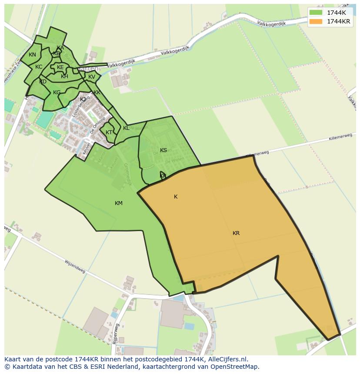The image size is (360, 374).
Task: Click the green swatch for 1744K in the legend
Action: pyautogui.click(x=316, y=13)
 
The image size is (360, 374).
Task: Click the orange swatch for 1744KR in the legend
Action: pyautogui.click(x=316, y=21)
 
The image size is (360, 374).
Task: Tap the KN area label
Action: pyautogui.click(x=32, y=55)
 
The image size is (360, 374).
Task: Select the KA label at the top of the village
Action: pyautogui.click(x=60, y=48)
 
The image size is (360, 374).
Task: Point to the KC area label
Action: pyautogui.click(x=39, y=67)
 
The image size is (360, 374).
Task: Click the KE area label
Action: pyautogui.click(x=60, y=67)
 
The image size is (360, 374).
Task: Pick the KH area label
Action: pyautogui.click(x=64, y=76)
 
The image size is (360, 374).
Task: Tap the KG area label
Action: pyautogui.click(x=57, y=93)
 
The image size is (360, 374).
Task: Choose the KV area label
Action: pyautogui.click(x=92, y=77)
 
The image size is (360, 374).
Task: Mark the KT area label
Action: pyautogui.click(x=109, y=132)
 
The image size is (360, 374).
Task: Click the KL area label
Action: pyautogui.click(x=126, y=128)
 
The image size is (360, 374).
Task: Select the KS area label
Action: pyautogui.click(x=163, y=150)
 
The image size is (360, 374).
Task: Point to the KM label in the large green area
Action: pyautogui.click(x=118, y=203)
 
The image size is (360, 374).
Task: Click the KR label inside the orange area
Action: pyautogui.click(x=236, y=233)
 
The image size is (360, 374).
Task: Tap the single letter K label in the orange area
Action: pyautogui.click(x=176, y=197)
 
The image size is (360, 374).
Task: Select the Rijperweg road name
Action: pyautogui.click(x=115, y=334)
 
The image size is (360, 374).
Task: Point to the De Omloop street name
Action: pyautogui.click(x=98, y=125)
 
